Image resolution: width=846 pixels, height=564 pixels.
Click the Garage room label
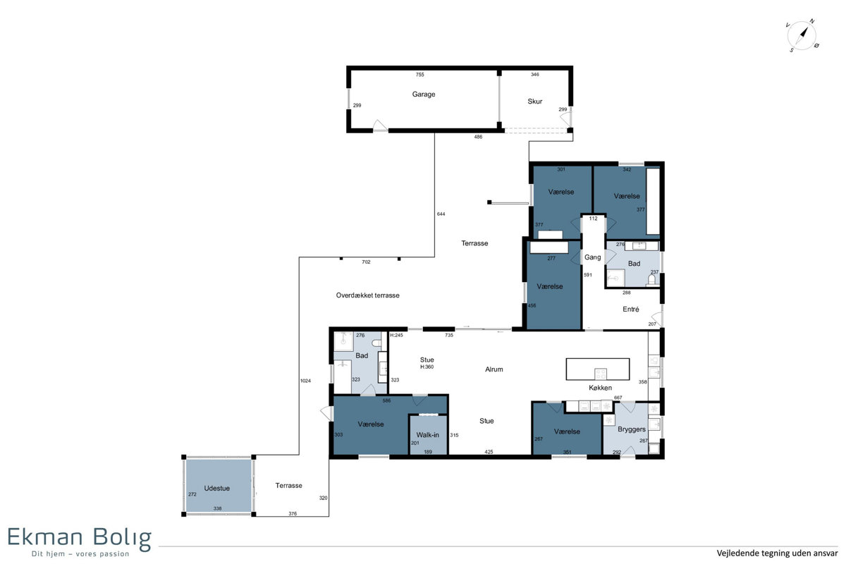coord(424,94)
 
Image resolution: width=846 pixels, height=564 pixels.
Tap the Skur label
coord(535,102)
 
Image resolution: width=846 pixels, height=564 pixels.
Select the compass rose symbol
coord(802,36)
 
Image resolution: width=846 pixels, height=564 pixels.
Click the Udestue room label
coord(217,488)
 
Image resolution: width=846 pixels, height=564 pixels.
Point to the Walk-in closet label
coord(427,435)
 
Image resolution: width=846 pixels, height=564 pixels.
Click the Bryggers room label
coord(632,429)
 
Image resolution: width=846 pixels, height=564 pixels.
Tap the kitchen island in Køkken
coord(598,369)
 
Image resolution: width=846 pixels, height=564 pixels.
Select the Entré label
coord(631,309)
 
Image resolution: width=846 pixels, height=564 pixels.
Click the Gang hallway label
coord(593,257)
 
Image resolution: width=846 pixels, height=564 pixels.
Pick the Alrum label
coord(494,369)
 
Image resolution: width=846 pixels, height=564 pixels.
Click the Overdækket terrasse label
coord(367,295)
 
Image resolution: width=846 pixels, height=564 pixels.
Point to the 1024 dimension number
coord(305,381)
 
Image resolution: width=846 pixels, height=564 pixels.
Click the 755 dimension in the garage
coord(420,75)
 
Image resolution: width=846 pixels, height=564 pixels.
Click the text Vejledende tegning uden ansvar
coord(777,553)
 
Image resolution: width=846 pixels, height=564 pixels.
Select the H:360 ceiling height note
coord(427,367)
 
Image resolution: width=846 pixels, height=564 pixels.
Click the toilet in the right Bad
coord(651,280)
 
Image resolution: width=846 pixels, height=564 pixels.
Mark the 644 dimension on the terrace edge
coord(441,214)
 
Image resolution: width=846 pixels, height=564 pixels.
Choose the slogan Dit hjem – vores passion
coord(80,554)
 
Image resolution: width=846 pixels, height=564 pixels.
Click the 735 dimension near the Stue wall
coord(449,335)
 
